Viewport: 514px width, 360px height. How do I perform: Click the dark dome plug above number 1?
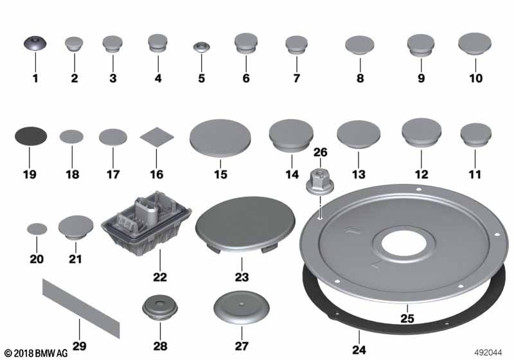click(35, 43)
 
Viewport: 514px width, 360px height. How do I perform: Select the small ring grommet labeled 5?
click(201, 47)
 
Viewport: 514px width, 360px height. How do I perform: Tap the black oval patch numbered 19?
click(31, 136)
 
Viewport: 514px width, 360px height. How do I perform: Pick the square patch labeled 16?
click(157, 137)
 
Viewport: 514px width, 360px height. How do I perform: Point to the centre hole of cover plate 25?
click(404, 244)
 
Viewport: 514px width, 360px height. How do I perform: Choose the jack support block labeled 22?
click(146, 223)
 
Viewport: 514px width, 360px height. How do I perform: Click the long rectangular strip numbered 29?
click(81, 309)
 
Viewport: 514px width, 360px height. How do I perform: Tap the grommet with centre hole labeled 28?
click(160, 308)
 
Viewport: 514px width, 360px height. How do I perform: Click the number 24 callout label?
click(359, 350)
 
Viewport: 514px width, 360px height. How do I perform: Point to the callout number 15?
click(220, 174)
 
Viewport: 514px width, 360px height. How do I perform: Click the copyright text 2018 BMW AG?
click(36, 353)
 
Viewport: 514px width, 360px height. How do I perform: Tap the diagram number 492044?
click(488, 352)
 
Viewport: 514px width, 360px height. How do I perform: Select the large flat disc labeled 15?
click(220, 138)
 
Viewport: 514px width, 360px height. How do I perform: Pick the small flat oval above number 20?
click(37, 229)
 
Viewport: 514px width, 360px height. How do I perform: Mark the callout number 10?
click(475, 78)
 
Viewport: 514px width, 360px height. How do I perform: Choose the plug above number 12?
click(421, 132)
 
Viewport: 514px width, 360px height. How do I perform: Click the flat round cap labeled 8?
click(360, 45)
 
